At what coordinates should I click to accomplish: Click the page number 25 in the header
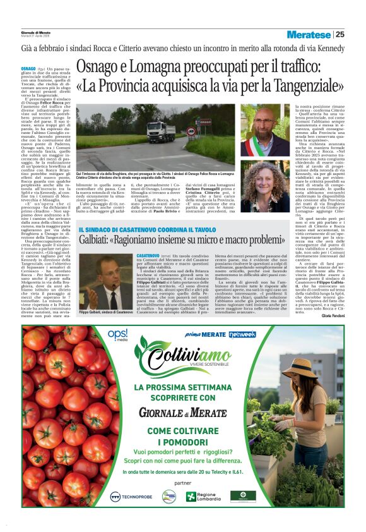click(x=339, y=34)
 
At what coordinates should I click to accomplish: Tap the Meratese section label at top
click(x=309, y=34)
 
